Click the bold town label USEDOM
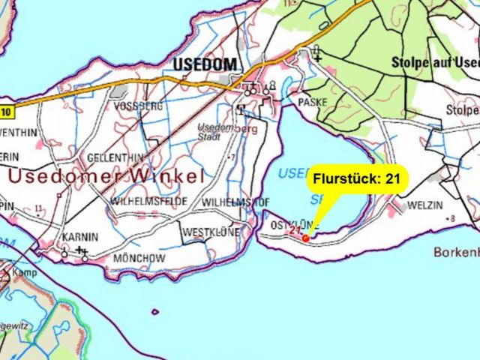click(204, 65)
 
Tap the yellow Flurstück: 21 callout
click(358, 179)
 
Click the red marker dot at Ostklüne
click(305, 238)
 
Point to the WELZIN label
click(425, 205)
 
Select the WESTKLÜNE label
click(211, 232)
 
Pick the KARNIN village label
click(79, 236)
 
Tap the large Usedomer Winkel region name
click(106, 177)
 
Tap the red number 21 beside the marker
click(294, 233)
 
